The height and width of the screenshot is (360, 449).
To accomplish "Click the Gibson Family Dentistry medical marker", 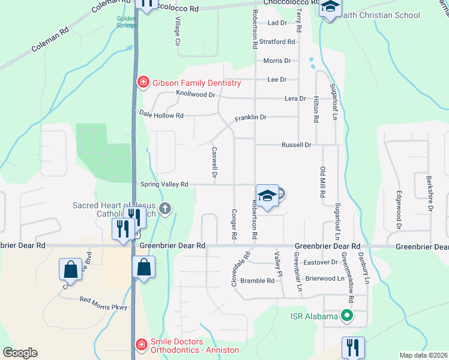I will tap(143, 82).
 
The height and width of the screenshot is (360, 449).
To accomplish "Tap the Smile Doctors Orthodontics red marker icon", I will tap(142, 344).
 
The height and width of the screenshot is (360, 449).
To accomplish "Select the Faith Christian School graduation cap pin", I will tap(329, 8).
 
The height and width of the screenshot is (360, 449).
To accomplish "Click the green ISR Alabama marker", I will tap(346, 314).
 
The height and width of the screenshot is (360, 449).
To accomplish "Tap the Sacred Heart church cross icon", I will tap(165, 209).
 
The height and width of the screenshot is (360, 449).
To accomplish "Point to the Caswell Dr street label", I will tap(214, 163).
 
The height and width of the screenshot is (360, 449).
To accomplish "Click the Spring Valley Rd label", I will tap(164, 184).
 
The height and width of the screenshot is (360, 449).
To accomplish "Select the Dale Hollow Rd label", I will tap(161, 114).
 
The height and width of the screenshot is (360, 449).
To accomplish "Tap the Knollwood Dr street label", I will tap(196, 94).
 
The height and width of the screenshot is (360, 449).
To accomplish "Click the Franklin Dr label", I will tap(250, 117).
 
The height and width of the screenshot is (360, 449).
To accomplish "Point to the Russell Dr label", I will tap(297, 145).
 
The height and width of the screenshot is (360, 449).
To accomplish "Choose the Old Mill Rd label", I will tap(322, 183).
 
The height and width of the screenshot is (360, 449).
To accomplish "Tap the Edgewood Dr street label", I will tap(398, 210).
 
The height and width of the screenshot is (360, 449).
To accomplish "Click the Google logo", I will tap(20, 353).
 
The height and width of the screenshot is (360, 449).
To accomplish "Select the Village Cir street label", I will tap(177, 32).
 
